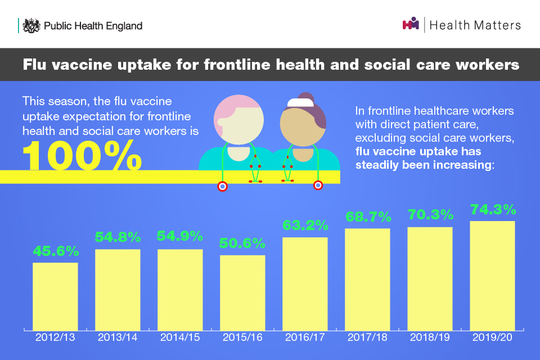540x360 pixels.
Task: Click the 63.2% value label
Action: pos(305,226)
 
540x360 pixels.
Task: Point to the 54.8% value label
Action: pos(118,237)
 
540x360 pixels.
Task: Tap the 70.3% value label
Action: pos(430,215)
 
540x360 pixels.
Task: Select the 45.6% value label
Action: pos(55,251)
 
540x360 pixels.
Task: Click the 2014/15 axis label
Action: pos(180,338)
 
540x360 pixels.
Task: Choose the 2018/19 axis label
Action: pos(430,338)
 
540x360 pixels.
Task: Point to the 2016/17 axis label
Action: pos(305,338)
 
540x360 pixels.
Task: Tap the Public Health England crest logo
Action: pos(32,25)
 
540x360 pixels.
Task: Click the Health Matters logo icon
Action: pos(411,25)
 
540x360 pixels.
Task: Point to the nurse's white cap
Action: pos(296,103)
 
